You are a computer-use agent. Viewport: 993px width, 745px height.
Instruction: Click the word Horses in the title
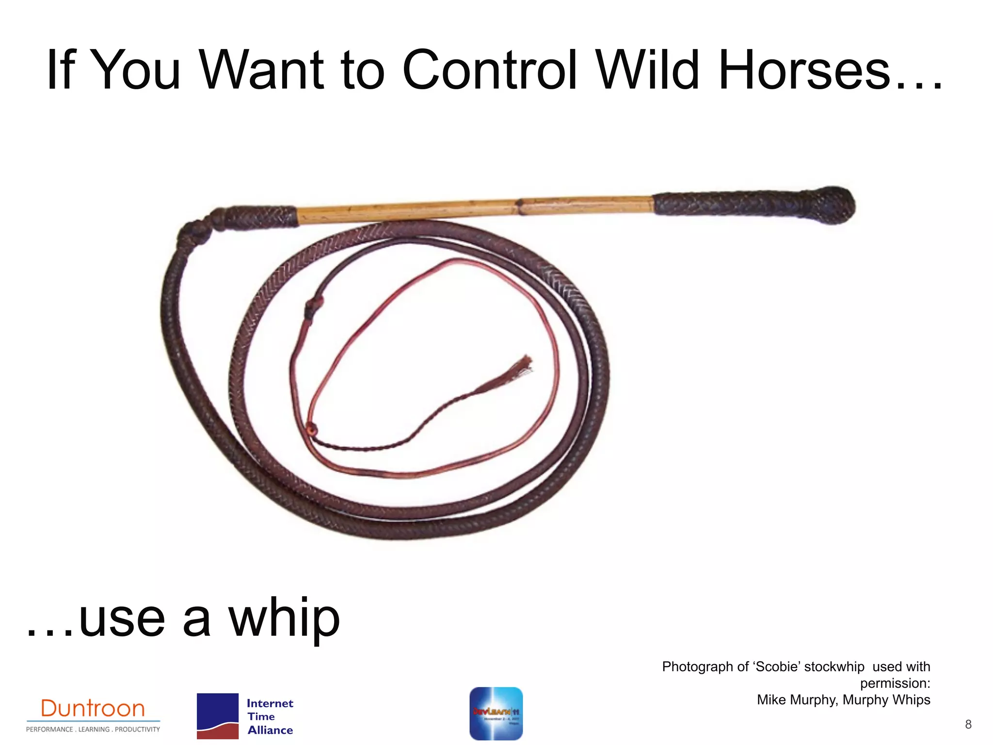[805, 70]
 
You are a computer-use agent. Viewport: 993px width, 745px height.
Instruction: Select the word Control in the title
[490, 70]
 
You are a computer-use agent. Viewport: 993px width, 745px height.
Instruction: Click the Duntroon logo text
[93, 709]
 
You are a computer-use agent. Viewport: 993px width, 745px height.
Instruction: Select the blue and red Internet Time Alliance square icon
[217, 716]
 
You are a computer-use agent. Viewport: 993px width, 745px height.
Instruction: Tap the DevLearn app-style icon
[496, 713]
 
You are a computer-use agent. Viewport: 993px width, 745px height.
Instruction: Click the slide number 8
[968, 725]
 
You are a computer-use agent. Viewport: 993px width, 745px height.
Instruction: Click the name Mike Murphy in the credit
[797, 700]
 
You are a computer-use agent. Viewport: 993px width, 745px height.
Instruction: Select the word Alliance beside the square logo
[270, 730]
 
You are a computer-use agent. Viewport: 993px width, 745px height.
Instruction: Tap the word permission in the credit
[893, 683]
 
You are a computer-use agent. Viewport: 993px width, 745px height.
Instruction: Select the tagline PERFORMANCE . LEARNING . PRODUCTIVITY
[93, 729]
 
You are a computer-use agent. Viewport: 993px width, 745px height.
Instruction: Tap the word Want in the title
[262, 70]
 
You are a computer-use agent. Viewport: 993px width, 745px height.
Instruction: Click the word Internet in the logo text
[270, 703]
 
